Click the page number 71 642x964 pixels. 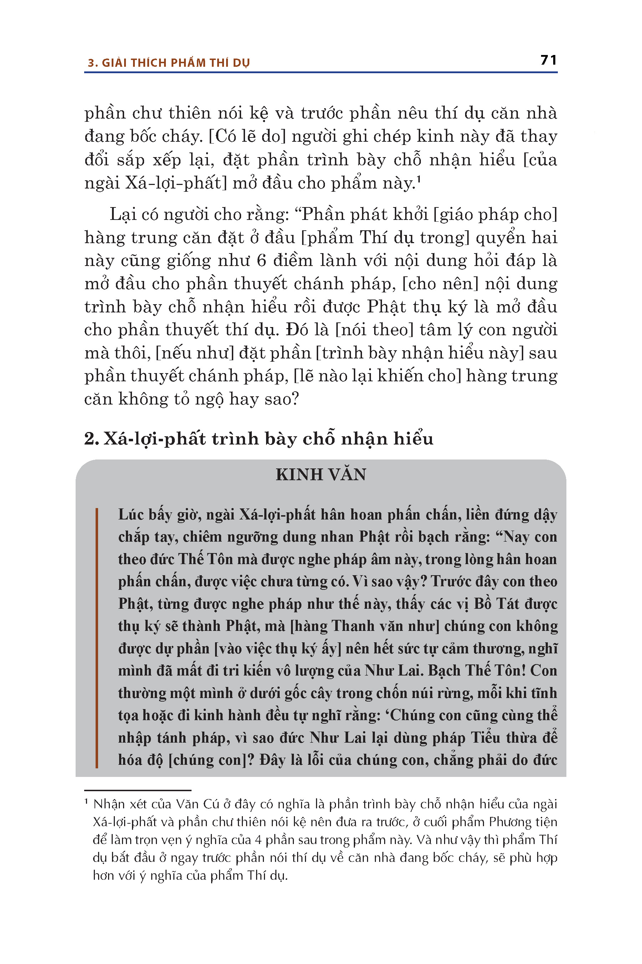point(548,60)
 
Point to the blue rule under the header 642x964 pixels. point(321,72)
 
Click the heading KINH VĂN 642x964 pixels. point(321,474)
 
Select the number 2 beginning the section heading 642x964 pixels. point(90,439)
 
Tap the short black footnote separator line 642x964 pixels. point(138,790)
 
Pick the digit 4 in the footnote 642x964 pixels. point(258,840)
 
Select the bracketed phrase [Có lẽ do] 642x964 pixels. point(247,136)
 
